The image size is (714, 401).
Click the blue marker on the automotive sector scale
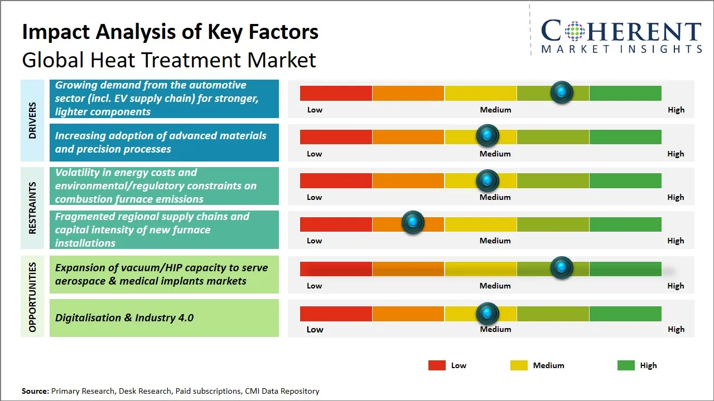(562, 92)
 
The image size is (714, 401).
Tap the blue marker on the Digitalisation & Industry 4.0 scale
(488, 314)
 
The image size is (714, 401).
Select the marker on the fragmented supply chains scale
(413, 223)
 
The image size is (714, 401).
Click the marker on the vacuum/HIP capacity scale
(562, 268)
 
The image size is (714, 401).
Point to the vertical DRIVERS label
(32, 120)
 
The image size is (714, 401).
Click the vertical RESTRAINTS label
(32, 208)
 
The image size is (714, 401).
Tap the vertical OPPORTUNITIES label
(32, 297)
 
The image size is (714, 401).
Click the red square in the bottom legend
(437, 365)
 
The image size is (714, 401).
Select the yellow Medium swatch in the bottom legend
(519, 365)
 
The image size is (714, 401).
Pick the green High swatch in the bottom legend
(626, 365)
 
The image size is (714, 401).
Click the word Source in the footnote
(35, 391)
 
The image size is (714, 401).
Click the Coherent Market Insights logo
(621, 36)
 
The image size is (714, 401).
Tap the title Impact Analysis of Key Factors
(170, 32)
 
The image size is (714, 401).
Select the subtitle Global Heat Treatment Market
(169, 60)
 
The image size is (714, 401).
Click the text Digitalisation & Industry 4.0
(124, 318)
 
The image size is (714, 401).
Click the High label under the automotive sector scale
(676, 110)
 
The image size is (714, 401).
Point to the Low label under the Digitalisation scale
(315, 329)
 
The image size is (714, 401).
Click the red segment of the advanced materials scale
(336, 137)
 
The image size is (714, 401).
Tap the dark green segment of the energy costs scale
(625, 180)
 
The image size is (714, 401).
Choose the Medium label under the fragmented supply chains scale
(495, 241)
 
